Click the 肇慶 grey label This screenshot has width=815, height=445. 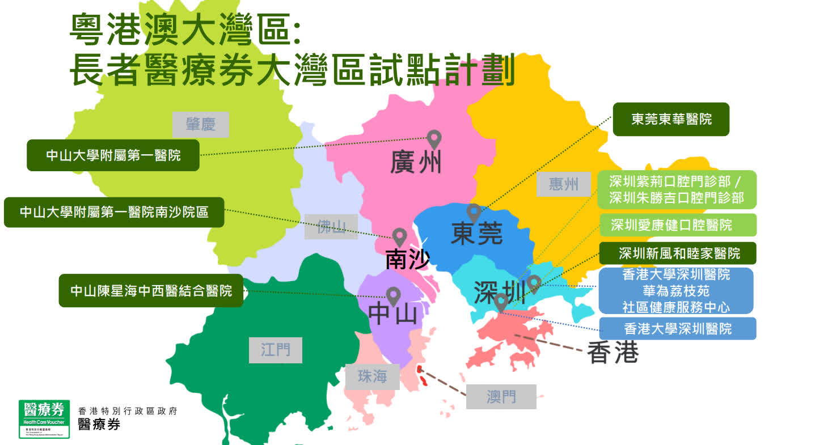pyautogui.click(x=200, y=125)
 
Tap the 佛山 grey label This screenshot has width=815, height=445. pyautogui.click(x=331, y=227)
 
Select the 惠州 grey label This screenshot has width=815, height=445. pyautogui.click(x=563, y=184)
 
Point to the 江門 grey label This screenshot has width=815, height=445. pyautogui.click(x=275, y=350)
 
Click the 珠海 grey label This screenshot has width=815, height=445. pyautogui.click(x=372, y=376)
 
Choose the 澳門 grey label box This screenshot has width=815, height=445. pyautogui.click(x=501, y=396)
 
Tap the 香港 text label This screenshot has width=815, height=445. pyautogui.click(x=613, y=353)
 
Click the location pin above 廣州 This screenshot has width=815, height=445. pyautogui.click(x=434, y=138)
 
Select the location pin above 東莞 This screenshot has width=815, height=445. pyautogui.click(x=474, y=213)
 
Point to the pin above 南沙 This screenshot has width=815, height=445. pyautogui.click(x=400, y=236)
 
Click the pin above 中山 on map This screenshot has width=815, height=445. pyautogui.click(x=393, y=295)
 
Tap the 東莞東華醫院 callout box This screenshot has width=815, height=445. pyautogui.click(x=671, y=119)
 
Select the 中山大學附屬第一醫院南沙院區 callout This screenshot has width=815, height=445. pyautogui.click(x=114, y=212)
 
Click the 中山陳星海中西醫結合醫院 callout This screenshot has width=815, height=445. pyautogui.click(x=151, y=291)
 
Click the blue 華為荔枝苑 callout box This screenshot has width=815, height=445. pyautogui.click(x=675, y=291)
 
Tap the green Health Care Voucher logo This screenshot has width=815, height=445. pyautogui.click(x=44, y=418)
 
